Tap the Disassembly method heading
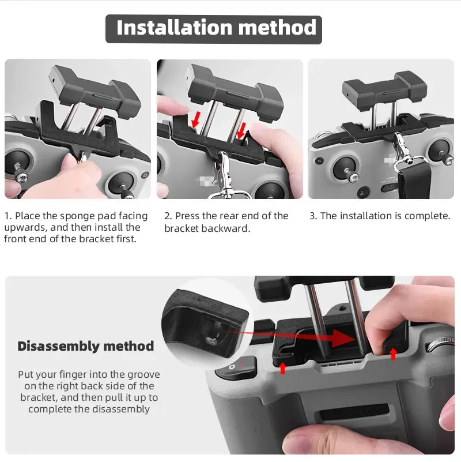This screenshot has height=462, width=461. click(86, 346)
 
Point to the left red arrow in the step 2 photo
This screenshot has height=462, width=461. click(196, 120)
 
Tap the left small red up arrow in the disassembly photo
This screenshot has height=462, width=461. click(282, 367)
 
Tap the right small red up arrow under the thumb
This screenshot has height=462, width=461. click(393, 353)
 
